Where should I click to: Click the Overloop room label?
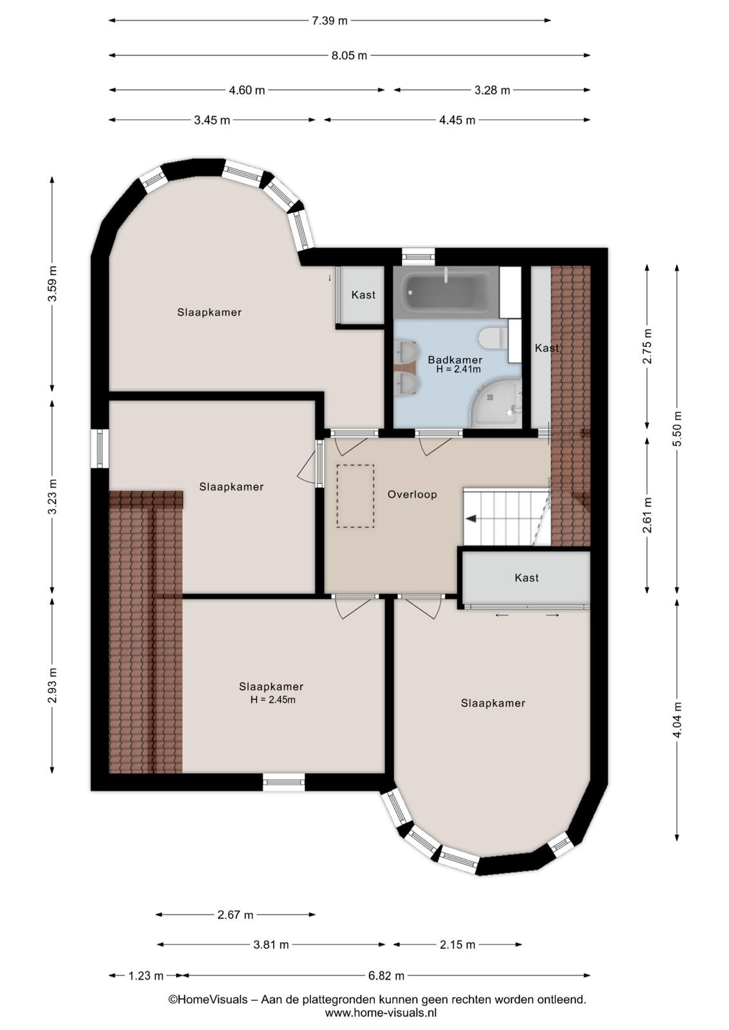412,495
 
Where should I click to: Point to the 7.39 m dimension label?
329,21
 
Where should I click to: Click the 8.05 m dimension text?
349,55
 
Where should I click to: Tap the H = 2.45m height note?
273,700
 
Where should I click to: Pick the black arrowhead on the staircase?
471,519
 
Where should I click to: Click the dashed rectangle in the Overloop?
355,496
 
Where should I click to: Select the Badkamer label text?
455,360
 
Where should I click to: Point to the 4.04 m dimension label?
677,720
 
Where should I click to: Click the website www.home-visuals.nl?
381,1012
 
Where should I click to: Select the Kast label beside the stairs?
526,578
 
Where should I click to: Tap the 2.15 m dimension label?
457,944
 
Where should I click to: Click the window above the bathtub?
418,257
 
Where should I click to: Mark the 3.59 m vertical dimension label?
52,284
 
